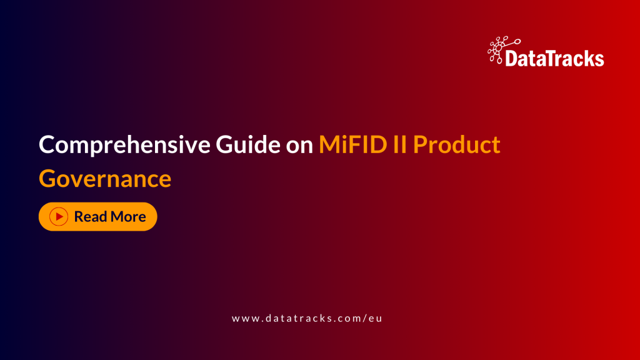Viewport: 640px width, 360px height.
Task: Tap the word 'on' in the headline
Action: point(299,146)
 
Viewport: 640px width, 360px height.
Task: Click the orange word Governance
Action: point(105,178)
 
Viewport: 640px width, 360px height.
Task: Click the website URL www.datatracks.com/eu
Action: point(306,318)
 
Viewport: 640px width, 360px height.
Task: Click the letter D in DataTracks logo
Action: point(510,59)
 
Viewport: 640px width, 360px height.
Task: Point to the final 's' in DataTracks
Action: point(599,60)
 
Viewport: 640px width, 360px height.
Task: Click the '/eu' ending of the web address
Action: point(371,318)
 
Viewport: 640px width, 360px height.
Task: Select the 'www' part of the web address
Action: point(242,318)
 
